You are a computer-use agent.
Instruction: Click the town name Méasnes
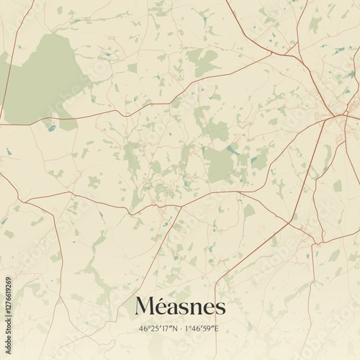point(180,306)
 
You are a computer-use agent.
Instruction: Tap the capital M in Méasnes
point(145,307)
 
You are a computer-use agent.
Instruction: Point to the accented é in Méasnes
point(163,307)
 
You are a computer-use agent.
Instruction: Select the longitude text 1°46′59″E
point(202,328)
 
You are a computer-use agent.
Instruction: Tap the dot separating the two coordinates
point(180,328)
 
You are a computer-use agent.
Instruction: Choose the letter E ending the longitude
point(217,328)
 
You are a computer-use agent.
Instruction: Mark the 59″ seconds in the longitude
point(209,328)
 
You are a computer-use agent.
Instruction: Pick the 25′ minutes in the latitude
point(155,328)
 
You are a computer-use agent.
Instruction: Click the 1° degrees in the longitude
point(188,328)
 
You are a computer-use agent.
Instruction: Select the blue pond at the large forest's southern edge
point(51,127)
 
